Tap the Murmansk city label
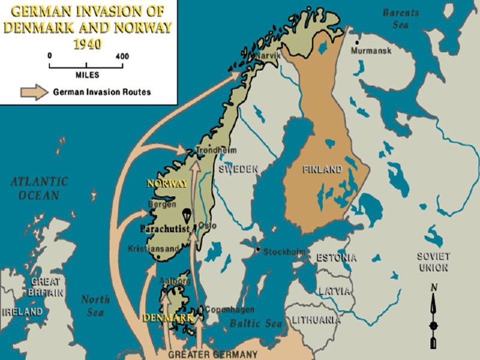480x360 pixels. pos(371,51)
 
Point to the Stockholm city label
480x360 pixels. pos(284,251)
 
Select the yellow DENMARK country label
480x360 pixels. pos(167,317)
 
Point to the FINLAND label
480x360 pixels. pos(322,170)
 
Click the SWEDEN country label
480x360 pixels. pos(238,169)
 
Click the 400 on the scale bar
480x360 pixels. pos(122,56)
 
